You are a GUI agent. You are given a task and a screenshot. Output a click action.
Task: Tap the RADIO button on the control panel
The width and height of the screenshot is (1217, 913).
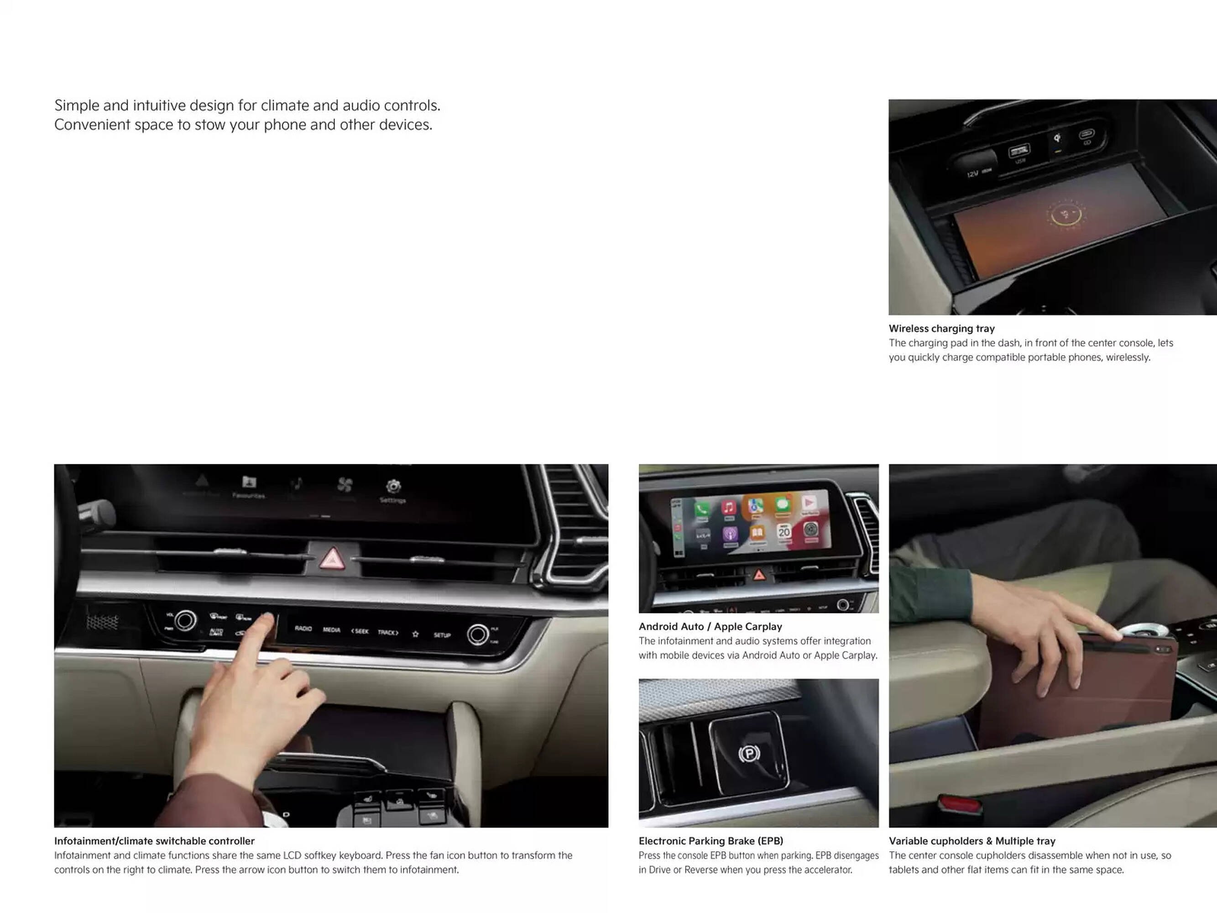pos(303,629)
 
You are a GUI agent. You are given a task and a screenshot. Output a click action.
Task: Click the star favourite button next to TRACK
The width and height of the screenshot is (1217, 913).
pos(415,634)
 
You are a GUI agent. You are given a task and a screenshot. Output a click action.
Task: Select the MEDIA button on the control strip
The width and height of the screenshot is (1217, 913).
pos(331,630)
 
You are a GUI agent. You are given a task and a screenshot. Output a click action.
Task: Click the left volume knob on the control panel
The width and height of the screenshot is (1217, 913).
pos(185,621)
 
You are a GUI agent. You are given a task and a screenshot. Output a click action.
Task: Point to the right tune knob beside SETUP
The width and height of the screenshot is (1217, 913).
pos(478,635)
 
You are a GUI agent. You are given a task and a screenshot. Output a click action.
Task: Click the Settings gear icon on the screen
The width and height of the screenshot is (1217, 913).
pos(393,487)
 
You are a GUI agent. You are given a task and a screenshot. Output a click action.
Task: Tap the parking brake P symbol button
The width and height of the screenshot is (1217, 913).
pos(749,753)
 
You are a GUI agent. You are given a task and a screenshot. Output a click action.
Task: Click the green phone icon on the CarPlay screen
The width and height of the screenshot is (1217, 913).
pos(701,509)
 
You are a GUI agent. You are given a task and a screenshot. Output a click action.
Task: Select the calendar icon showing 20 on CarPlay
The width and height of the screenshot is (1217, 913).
pos(784,532)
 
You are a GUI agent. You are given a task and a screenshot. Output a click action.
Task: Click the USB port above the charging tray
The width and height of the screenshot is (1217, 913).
pos(1019,150)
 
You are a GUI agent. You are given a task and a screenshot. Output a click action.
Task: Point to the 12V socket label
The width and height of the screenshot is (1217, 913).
pos(973,174)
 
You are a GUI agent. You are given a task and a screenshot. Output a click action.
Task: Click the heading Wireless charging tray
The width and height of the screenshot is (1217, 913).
pos(941,329)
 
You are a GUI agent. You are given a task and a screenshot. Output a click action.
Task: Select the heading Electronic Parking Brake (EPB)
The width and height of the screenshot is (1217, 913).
pos(710,841)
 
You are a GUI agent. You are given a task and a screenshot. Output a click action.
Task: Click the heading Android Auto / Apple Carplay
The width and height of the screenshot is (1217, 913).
pos(710,626)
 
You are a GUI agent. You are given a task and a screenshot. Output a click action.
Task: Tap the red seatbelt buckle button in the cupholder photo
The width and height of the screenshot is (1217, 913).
pos(959,804)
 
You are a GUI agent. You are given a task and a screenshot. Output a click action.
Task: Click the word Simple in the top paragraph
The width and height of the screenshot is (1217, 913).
pos(76,105)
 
